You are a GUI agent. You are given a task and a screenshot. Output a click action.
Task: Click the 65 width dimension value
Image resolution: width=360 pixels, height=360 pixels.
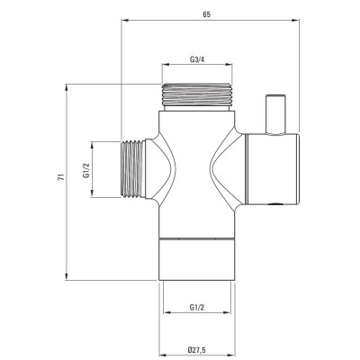point(207,14)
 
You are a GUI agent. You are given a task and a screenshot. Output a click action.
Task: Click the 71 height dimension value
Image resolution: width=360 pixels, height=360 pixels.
point(61,177)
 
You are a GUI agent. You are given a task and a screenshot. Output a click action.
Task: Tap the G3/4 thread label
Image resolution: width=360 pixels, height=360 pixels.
point(197,59)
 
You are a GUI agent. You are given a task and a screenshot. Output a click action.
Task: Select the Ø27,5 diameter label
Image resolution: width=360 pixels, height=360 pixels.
point(197,349)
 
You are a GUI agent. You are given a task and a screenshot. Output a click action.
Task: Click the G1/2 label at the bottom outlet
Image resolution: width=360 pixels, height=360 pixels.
point(197,307)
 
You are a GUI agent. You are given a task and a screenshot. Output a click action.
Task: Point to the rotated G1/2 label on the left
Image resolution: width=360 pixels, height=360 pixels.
point(86,170)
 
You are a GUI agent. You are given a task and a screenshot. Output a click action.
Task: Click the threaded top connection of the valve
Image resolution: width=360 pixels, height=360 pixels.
point(197,94)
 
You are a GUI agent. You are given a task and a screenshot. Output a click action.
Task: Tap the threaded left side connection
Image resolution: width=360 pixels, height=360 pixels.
point(132,169)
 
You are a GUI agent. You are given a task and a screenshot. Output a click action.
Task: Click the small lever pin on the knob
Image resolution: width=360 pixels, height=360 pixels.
point(275,115)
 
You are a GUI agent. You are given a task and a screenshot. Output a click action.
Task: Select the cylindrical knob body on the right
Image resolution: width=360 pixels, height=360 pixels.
point(273,169)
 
